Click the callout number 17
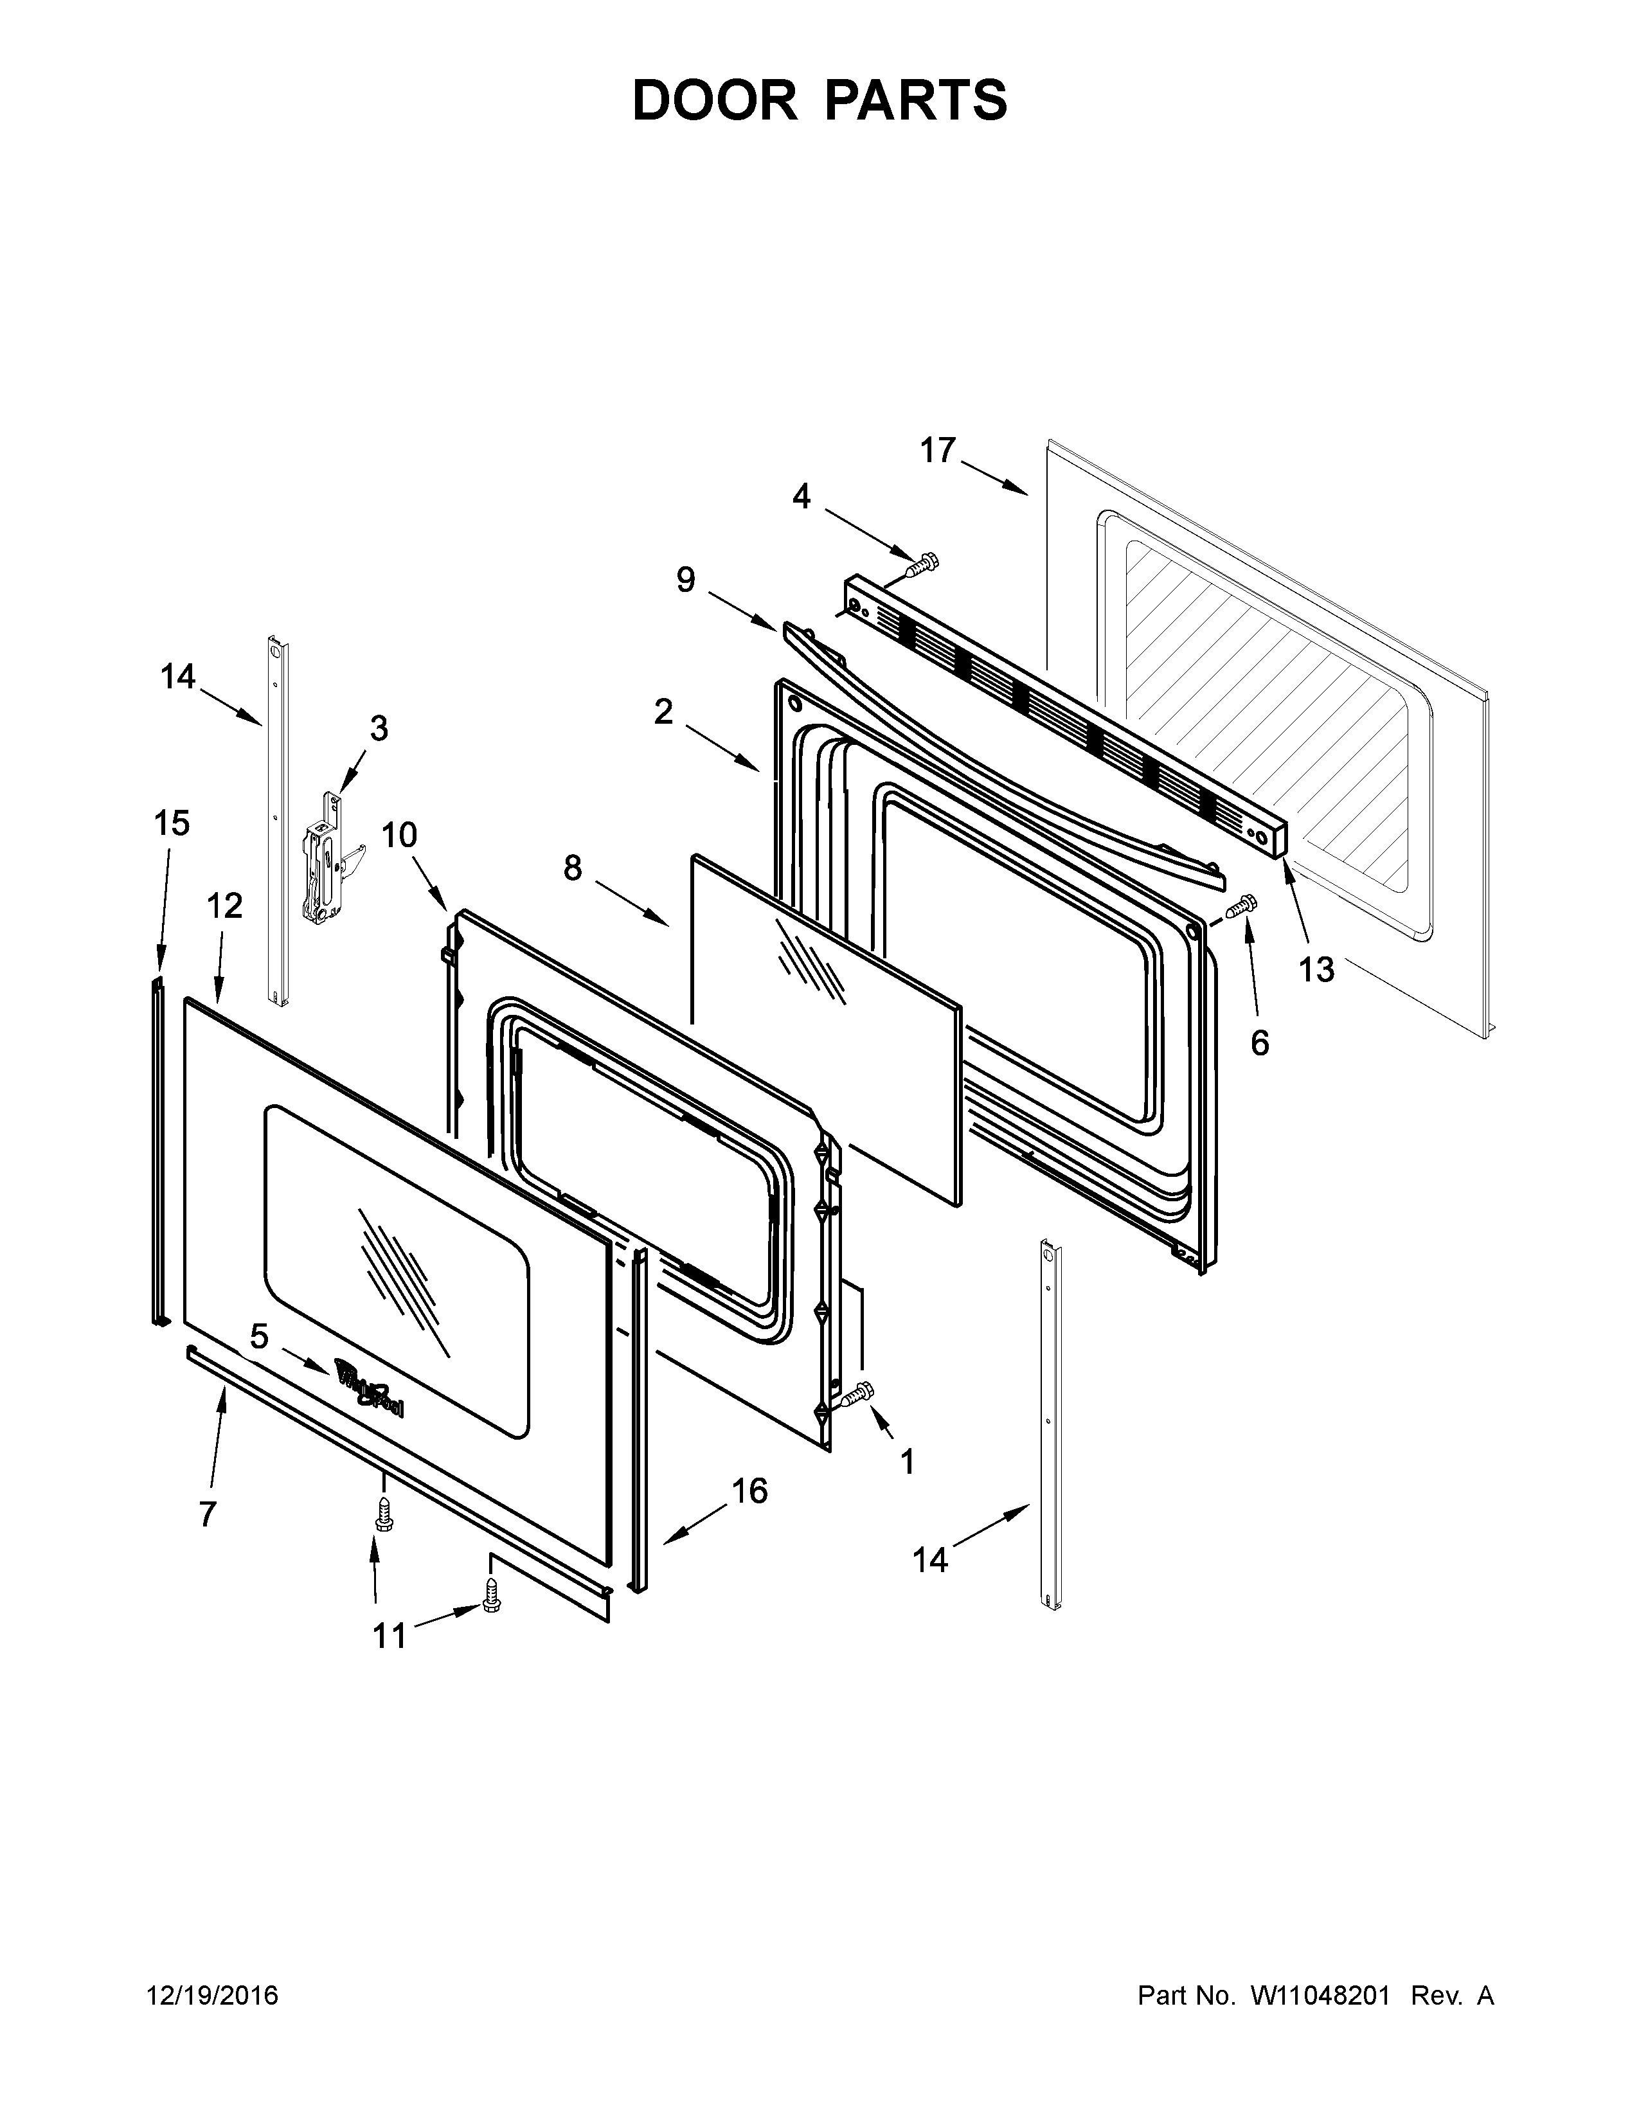pyautogui.click(x=938, y=451)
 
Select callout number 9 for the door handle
pyautogui.click(x=686, y=581)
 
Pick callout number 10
pyautogui.click(x=398, y=834)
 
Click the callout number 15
pyautogui.click(x=172, y=823)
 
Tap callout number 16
pyautogui.click(x=749, y=1490)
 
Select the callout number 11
pyautogui.click(x=390, y=1636)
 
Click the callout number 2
pyautogui.click(x=663, y=712)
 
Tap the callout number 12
pyautogui.click(x=224, y=906)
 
